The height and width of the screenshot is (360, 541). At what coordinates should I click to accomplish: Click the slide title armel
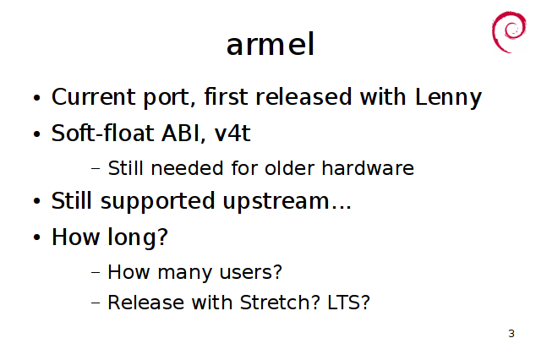[270, 45]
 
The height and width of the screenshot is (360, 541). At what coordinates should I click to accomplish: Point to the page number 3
[511, 334]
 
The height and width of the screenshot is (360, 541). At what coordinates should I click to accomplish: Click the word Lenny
[448, 97]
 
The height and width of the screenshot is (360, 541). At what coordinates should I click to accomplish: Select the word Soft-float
[102, 133]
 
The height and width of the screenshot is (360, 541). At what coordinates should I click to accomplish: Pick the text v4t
[232, 134]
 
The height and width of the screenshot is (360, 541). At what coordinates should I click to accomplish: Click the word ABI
[180, 134]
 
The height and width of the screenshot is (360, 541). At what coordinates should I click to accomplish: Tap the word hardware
[368, 168]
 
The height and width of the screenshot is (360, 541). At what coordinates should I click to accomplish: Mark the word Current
[93, 97]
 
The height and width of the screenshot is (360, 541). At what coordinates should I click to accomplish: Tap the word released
[303, 96]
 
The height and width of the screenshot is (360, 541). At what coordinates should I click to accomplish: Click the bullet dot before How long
[37, 237]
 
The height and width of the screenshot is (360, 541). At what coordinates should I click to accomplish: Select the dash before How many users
[96, 272]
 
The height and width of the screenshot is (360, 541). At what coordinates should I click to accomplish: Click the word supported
[158, 202]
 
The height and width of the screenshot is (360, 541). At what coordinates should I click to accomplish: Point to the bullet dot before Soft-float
[37, 134]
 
